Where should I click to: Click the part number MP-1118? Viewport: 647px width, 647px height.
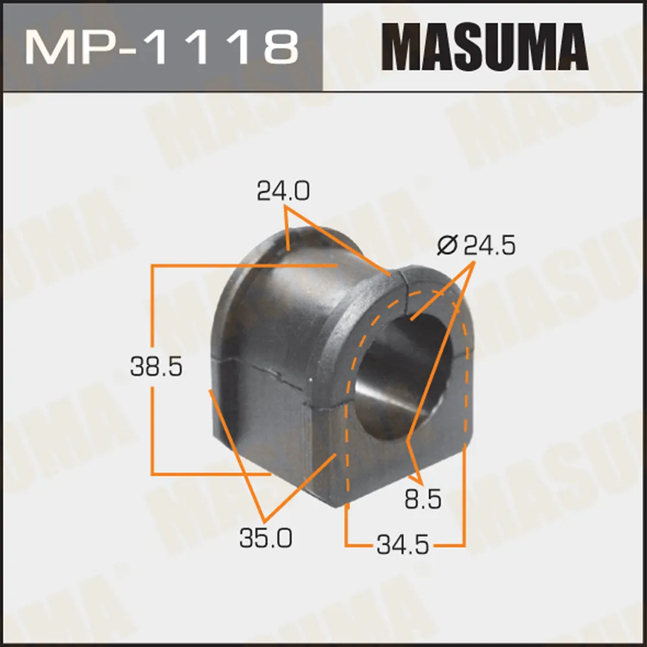[x=162, y=48]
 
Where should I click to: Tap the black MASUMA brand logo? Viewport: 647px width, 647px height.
[x=485, y=47]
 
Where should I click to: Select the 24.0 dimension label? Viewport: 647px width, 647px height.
[x=283, y=191]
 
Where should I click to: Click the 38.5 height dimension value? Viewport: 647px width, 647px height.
[x=156, y=366]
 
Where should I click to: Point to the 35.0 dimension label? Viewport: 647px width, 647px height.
[x=266, y=538]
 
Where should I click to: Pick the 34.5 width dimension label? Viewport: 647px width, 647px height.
[x=402, y=545]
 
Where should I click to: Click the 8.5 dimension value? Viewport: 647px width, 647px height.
[x=423, y=499]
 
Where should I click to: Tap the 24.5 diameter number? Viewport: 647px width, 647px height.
[x=490, y=246]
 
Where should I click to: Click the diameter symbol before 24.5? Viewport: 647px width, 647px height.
[x=447, y=246]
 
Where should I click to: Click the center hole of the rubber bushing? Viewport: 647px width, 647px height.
[x=402, y=378]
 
